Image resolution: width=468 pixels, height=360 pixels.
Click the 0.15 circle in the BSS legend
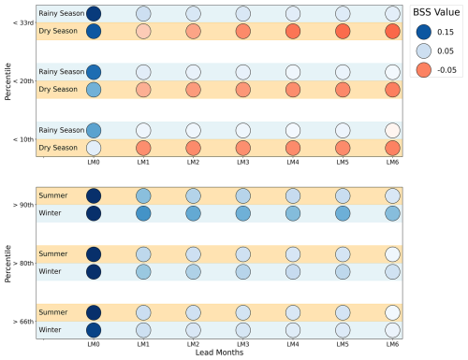coord(424,32)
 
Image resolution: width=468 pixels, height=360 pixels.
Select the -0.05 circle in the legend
coord(424,70)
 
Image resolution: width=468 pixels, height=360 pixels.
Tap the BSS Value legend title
coord(436,12)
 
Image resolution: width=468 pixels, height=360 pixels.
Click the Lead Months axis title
coord(219,353)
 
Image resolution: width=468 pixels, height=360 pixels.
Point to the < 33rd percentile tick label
coord(23,22)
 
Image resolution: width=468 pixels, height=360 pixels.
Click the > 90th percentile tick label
coord(23,205)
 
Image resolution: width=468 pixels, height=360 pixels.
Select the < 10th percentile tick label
coord(23,139)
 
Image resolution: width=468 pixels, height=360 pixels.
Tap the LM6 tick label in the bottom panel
coord(392,344)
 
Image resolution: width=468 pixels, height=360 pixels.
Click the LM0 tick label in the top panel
coord(94,162)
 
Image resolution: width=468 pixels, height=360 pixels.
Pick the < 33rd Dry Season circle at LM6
coord(392,31)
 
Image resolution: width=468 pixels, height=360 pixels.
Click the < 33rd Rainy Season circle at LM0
coord(94,14)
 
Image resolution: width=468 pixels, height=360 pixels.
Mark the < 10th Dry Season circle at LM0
coord(94,148)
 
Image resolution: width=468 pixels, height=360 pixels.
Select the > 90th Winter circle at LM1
coord(143,213)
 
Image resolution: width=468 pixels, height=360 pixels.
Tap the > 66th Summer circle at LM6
coord(392,312)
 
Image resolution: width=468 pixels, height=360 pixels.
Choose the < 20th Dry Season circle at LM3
coord(243,90)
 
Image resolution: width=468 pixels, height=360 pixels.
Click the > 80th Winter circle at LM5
coord(343,272)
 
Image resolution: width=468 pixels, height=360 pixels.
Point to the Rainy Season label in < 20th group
coord(62,72)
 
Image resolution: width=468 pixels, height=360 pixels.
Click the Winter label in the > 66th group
coord(50,330)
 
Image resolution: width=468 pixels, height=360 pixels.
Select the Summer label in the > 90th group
coord(53,195)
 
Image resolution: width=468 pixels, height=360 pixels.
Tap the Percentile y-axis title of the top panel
coord(7,81)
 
